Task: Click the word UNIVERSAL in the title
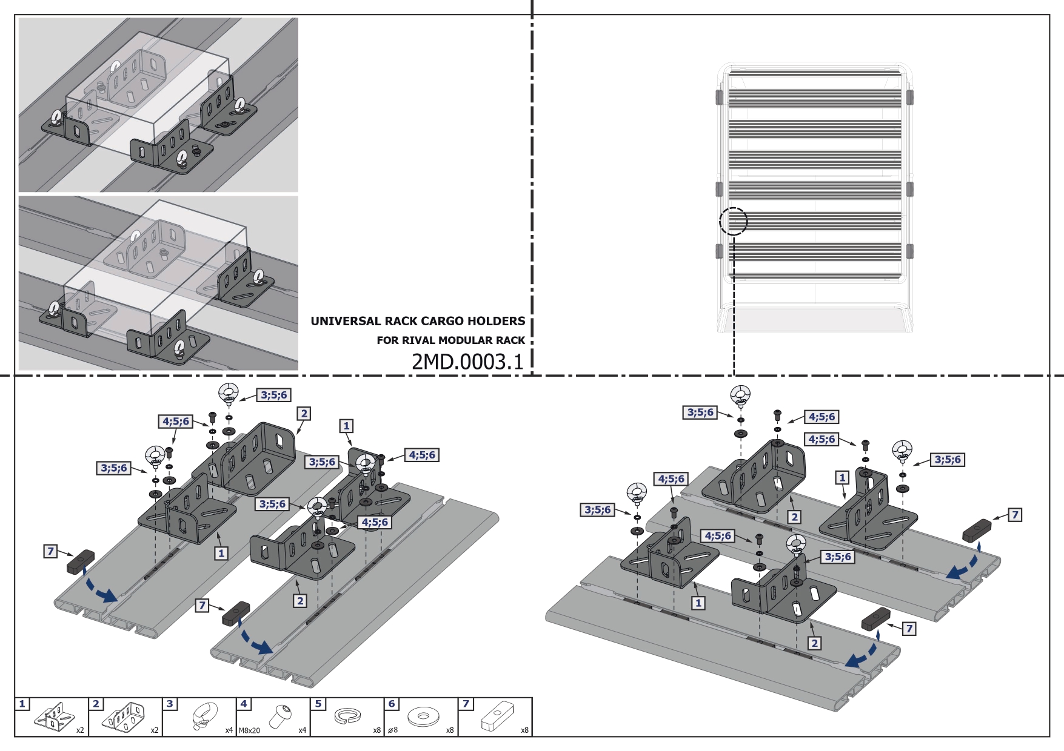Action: tap(346, 322)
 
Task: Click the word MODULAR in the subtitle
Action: tap(466, 340)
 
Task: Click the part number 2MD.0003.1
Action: tap(467, 362)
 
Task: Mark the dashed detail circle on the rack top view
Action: tap(734, 221)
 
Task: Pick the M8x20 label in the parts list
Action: tap(249, 730)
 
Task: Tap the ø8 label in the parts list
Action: tap(392, 730)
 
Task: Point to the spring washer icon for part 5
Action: tap(348, 716)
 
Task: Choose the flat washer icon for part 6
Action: tap(423, 717)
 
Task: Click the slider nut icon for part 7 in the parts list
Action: tap(497, 716)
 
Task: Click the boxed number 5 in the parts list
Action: tap(318, 704)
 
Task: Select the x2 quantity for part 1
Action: tap(80, 730)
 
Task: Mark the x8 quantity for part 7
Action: tap(524, 730)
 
